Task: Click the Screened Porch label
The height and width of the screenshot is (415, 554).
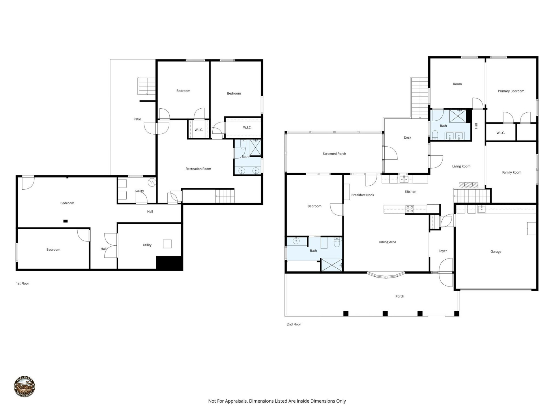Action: [334, 154]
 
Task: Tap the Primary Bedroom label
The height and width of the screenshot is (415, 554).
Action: [511, 91]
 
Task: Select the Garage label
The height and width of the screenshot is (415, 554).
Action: [495, 252]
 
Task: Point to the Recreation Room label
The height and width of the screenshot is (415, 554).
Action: [198, 169]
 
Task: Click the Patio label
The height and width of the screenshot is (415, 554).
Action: [137, 119]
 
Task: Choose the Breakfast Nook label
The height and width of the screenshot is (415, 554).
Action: [362, 195]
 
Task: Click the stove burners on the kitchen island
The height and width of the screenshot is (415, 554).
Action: [410, 209]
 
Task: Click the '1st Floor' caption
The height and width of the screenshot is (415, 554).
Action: [23, 284]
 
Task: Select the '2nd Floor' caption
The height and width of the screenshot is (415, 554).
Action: [294, 324]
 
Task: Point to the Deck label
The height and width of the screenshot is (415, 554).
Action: [407, 138]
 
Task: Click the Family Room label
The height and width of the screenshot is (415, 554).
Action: [511, 173]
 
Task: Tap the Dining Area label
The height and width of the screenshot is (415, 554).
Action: [387, 242]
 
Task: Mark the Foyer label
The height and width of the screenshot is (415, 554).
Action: [443, 251]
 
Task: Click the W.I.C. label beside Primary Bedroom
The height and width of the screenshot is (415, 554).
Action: [501, 133]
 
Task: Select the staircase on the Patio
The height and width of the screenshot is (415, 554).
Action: [146, 86]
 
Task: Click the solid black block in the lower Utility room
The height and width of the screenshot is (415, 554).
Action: [169, 263]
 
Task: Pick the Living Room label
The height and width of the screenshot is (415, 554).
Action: [461, 166]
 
